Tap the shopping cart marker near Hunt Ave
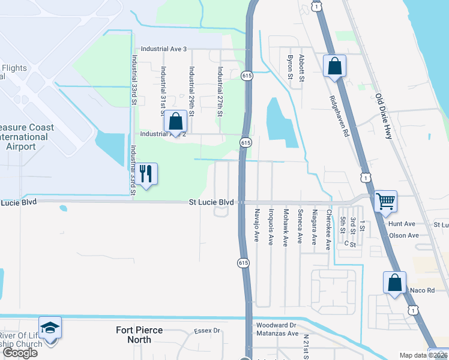pyautogui.click(x=385, y=201)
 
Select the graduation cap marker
pyautogui.click(x=50, y=328)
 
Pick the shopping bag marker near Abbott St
pyautogui.click(x=334, y=66)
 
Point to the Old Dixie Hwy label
pyautogui.click(x=384, y=116)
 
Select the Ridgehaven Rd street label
pyautogui.click(x=339, y=117)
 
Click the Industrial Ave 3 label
pyautogui.click(x=164, y=49)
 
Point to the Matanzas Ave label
pyautogui.click(x=277, y=333)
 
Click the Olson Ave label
pyautogui.click(x=403, y=235)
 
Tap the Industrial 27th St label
pyautogui.click(x=220, y=91)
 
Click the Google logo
pyautogui.click(x=20, y=353)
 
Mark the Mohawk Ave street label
pyautogui.click(x=285, y=227)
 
